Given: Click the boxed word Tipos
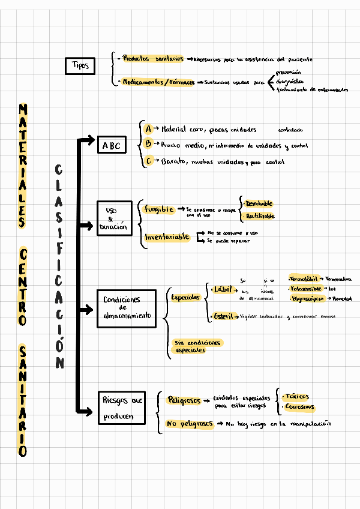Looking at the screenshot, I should tap(80, 65).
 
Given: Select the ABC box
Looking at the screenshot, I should tap(112, 146).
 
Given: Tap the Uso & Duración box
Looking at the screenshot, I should tap(113, 219).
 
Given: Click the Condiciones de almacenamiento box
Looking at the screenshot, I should tap(126, 308).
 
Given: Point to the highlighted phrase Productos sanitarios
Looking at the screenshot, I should tap(152, 59).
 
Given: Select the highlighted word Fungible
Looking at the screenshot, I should tap(159, 209).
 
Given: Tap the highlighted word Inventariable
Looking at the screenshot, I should tap(167, 238).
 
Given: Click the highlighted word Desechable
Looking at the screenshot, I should tap(259, 203).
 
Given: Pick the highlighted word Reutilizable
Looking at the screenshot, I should tap(260, 216).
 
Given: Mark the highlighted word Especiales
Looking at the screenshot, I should tap(185, 297).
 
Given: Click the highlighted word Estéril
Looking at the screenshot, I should tap(224, 316).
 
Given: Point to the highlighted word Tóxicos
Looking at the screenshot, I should tap(297, 397).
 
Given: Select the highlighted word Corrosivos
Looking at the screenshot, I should tap(300, 407).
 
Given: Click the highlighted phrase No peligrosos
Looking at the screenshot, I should tap(190, 424).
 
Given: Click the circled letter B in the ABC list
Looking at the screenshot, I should tap(148, 144).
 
